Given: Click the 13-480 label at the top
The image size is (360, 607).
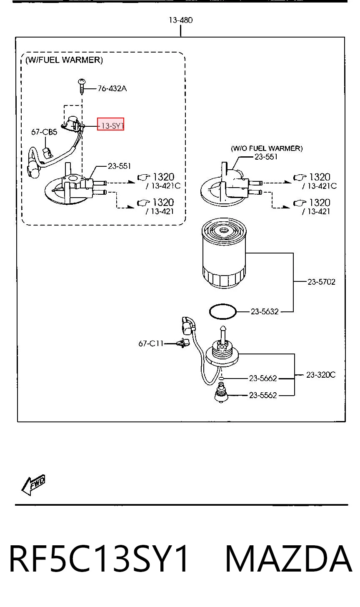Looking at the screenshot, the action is [181, 20].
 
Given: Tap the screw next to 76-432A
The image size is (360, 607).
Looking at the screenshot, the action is [82, 86].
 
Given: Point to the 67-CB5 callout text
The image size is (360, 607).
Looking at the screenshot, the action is [44, 132].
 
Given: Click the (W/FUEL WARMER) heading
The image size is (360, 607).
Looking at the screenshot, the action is [64, 60].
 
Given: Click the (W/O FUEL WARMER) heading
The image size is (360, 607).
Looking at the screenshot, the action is [267, 148].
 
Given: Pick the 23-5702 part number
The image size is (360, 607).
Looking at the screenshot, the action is [321, 282].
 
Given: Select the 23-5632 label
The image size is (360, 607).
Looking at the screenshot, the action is [265, 312].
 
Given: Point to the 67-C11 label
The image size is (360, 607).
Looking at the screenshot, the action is [151, 344].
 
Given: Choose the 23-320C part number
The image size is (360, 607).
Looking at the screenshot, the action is [321, 375].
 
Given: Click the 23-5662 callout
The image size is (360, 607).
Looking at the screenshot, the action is [263, 378].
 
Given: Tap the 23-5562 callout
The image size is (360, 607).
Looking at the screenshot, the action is [263, 395].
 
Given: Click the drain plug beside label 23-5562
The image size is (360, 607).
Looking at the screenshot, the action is [221, 393].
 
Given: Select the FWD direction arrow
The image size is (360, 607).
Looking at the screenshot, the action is [33, 485].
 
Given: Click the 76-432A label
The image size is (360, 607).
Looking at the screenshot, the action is [112, 89].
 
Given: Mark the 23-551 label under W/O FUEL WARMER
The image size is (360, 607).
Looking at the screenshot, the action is [266, 157].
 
